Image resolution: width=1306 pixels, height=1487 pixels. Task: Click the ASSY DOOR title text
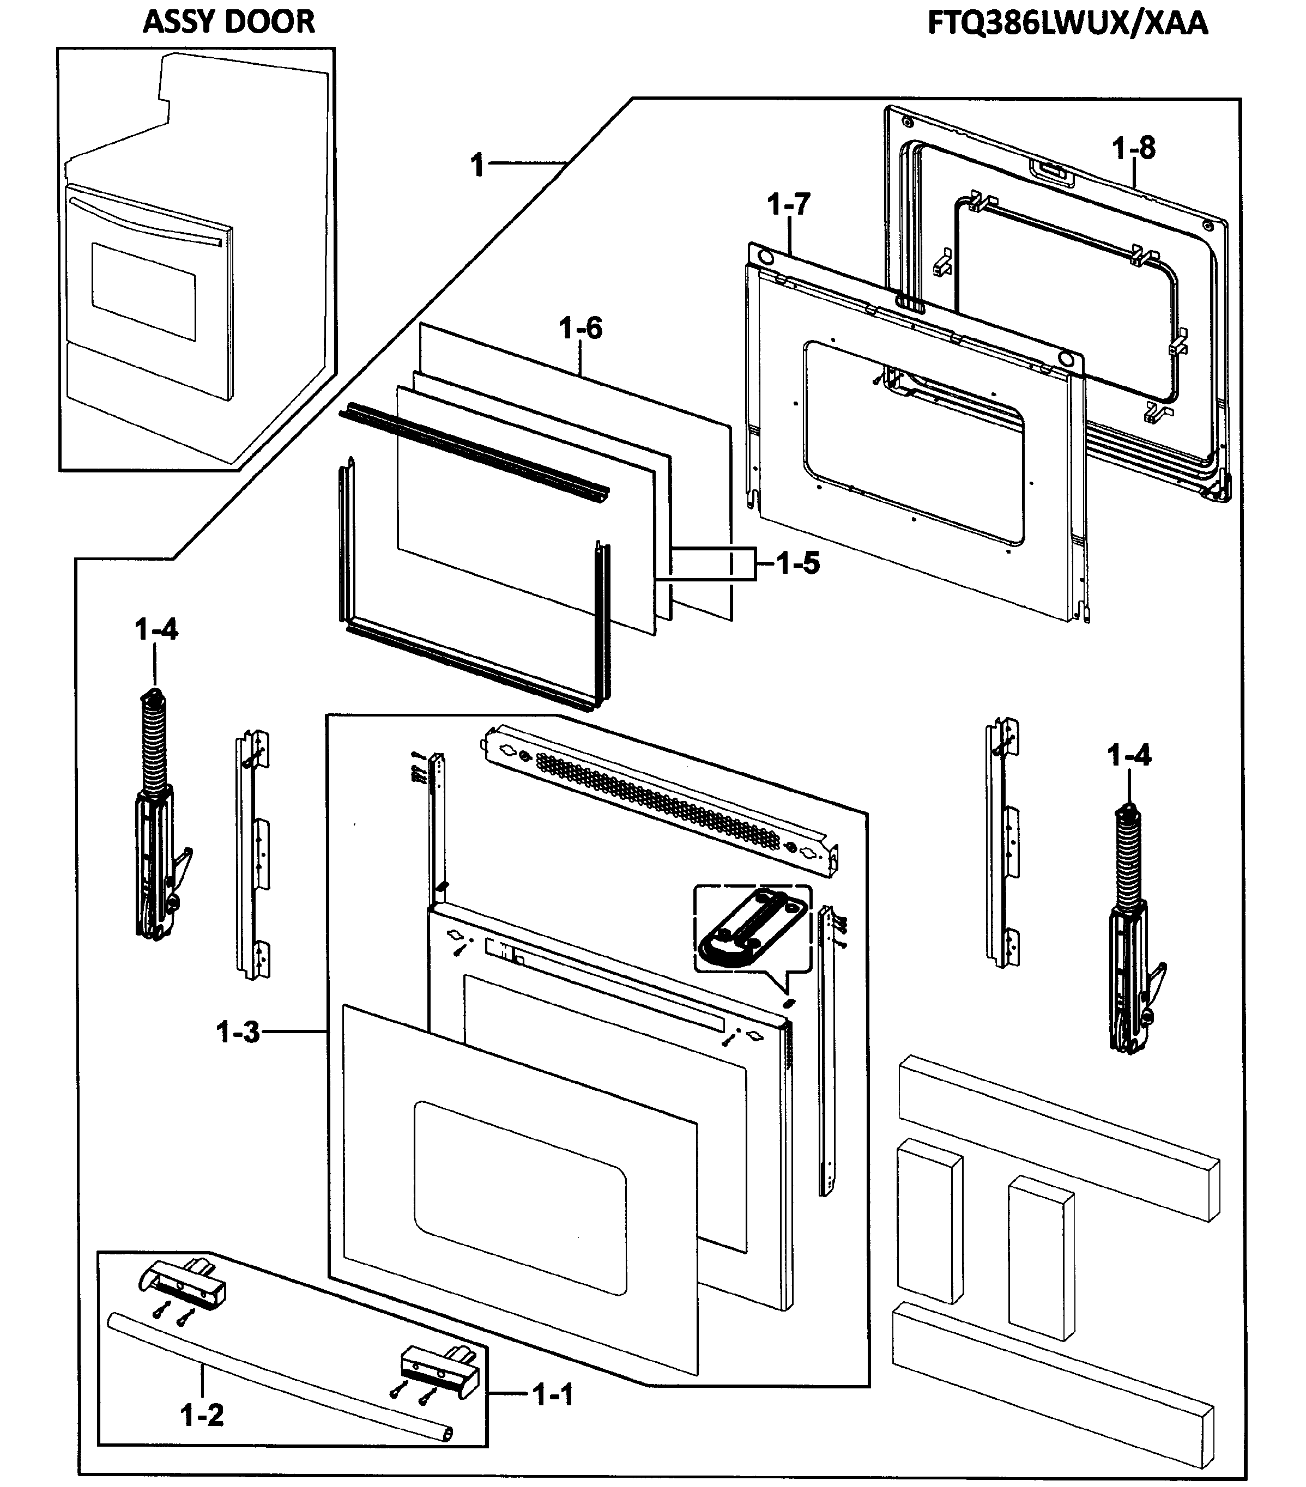coord(228,22)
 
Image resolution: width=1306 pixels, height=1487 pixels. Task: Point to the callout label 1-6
coord(581,329)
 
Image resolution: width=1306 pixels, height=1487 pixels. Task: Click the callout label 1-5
coord(797,563)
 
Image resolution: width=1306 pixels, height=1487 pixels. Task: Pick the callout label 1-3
coord(238,1031)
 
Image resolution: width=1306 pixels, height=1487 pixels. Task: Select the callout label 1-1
coord(553,1394)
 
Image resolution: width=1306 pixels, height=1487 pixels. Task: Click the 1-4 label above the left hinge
coord(156,629)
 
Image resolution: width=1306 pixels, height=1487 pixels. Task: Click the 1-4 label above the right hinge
coord(1129,756)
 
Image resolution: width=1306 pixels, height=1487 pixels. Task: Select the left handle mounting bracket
coord(183,1285)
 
